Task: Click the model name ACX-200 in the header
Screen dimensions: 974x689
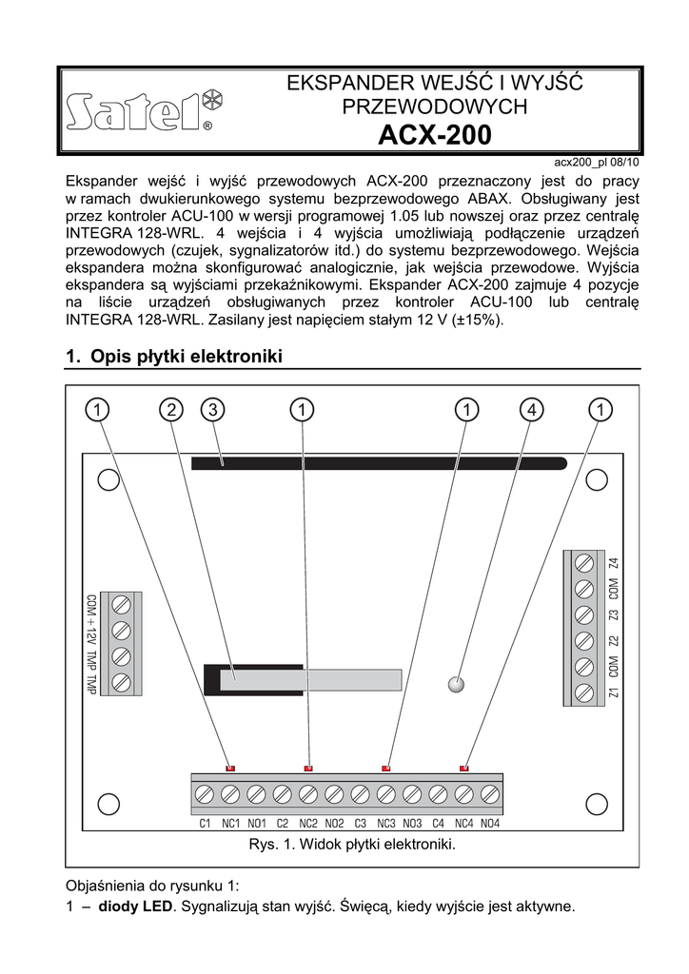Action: click(x=435, y=135)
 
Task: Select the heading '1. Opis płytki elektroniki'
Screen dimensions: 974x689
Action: click(x=175, y=357)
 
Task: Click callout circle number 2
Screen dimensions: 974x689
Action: click(x=171, y=409)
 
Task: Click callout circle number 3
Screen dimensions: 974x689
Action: click(x=211, y=409)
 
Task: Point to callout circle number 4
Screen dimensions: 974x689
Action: click(x=531, y=409)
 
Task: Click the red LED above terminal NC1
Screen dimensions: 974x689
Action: click(x=229, y=767)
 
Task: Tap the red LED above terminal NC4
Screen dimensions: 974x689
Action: click(x=463, y=767)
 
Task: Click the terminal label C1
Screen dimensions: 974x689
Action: click(x=205, y=824)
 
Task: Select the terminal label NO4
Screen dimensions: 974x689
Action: click(x=490, y=824)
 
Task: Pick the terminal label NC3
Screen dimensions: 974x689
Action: click(x=385, y=824)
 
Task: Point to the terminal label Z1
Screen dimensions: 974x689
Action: click(x=614, y=692)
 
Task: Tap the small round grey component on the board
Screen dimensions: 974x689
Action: click(x=457, y=683)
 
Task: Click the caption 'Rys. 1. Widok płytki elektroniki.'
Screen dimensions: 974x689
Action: click(x=353, y=845)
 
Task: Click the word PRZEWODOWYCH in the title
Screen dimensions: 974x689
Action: click(x=435, y=107)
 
